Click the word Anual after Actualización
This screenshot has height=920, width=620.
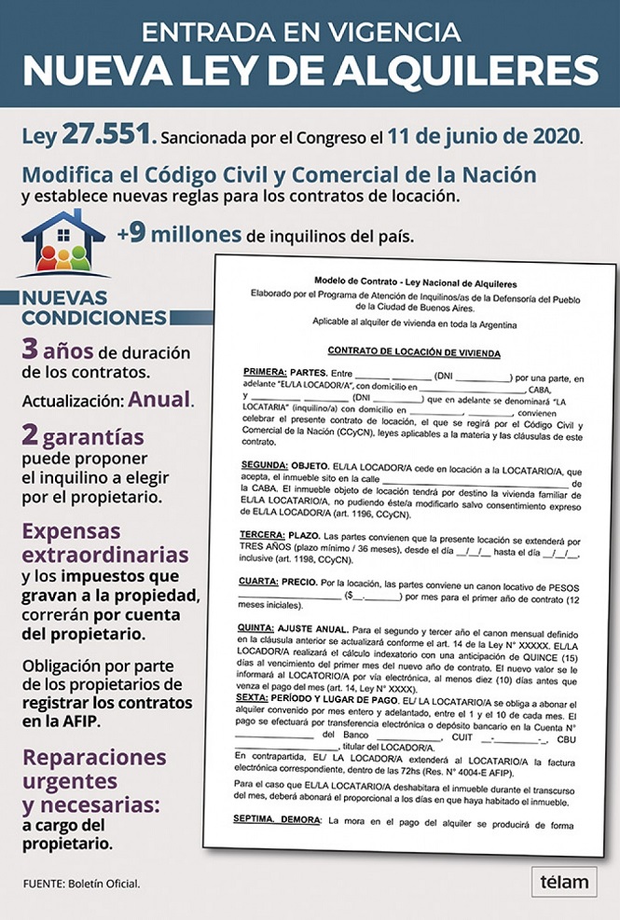pos(160,401)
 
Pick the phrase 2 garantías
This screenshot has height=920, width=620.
pos(83,436)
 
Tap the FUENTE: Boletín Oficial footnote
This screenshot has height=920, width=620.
pos(82,883)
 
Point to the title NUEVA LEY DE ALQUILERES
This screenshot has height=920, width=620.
pos(310,71)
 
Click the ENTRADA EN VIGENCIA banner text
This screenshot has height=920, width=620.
pos(310,31)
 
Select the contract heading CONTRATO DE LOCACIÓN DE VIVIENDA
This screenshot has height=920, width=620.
pos(413,354)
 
